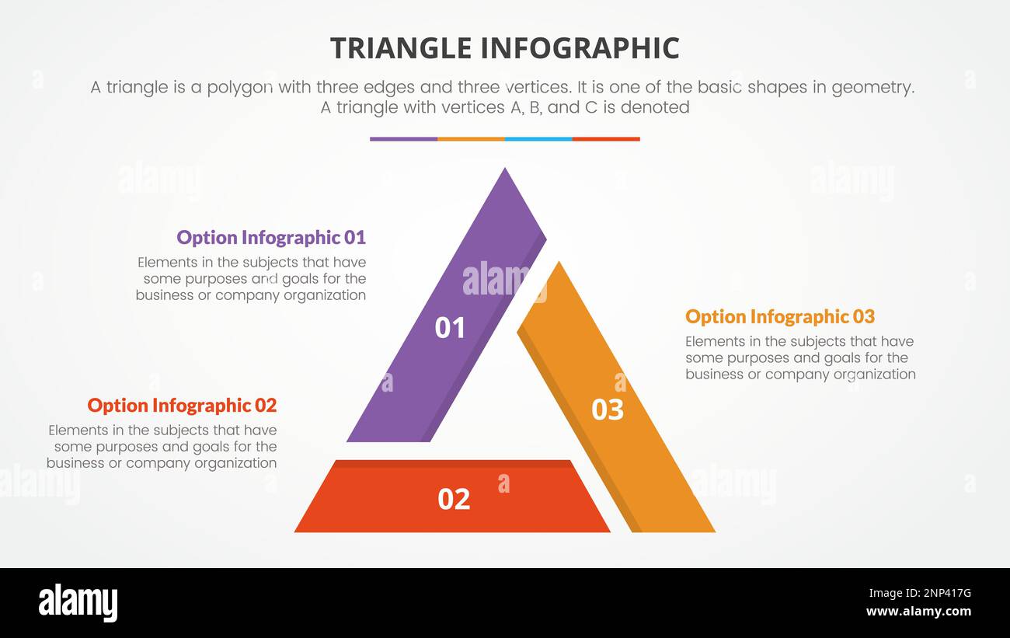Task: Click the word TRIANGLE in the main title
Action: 400,48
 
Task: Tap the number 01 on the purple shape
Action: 450,328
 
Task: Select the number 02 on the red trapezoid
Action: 454,499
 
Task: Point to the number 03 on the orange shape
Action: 608,410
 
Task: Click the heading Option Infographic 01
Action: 271,237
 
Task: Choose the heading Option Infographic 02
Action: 182,405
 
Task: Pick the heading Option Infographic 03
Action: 779,316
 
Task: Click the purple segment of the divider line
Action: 403,139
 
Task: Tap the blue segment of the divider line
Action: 538,139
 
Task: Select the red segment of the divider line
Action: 606,139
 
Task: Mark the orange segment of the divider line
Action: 471,139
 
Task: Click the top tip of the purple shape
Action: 506,171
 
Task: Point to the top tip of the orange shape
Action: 558,266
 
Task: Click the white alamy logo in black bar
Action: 78,603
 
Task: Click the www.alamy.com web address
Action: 918,612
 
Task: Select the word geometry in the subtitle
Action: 873,88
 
